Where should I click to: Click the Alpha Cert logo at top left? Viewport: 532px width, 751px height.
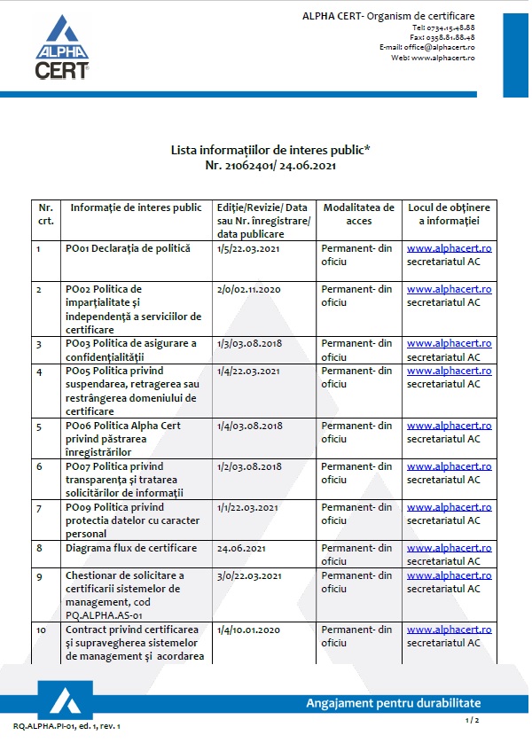(x=61, y=49)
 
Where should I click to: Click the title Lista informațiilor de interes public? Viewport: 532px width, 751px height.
(x=270, y=151)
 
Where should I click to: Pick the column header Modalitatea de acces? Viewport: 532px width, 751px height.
(x=358, y=214)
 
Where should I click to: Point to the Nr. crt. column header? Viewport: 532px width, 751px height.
(x=45, y=214)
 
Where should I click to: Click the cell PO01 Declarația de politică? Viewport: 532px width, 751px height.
(x=128, y=248)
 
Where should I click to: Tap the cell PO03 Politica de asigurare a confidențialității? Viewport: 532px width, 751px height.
(x=131, y=349)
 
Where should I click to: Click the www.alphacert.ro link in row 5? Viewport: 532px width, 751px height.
(x=449, y=426)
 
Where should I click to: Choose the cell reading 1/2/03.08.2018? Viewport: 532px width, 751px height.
(x=249, y=466)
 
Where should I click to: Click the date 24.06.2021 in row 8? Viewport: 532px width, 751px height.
(x=242, y=548)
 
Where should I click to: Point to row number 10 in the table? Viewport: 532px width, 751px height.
(x=42, y=630)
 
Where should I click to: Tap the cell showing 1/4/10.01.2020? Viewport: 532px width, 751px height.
(x=249, y=630)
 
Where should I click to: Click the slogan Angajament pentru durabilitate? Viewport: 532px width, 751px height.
(x=393, y=703)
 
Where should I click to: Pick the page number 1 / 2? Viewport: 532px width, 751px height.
(x=472, y=722)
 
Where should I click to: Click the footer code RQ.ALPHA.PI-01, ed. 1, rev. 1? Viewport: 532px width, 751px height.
(x=66, y=726)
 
